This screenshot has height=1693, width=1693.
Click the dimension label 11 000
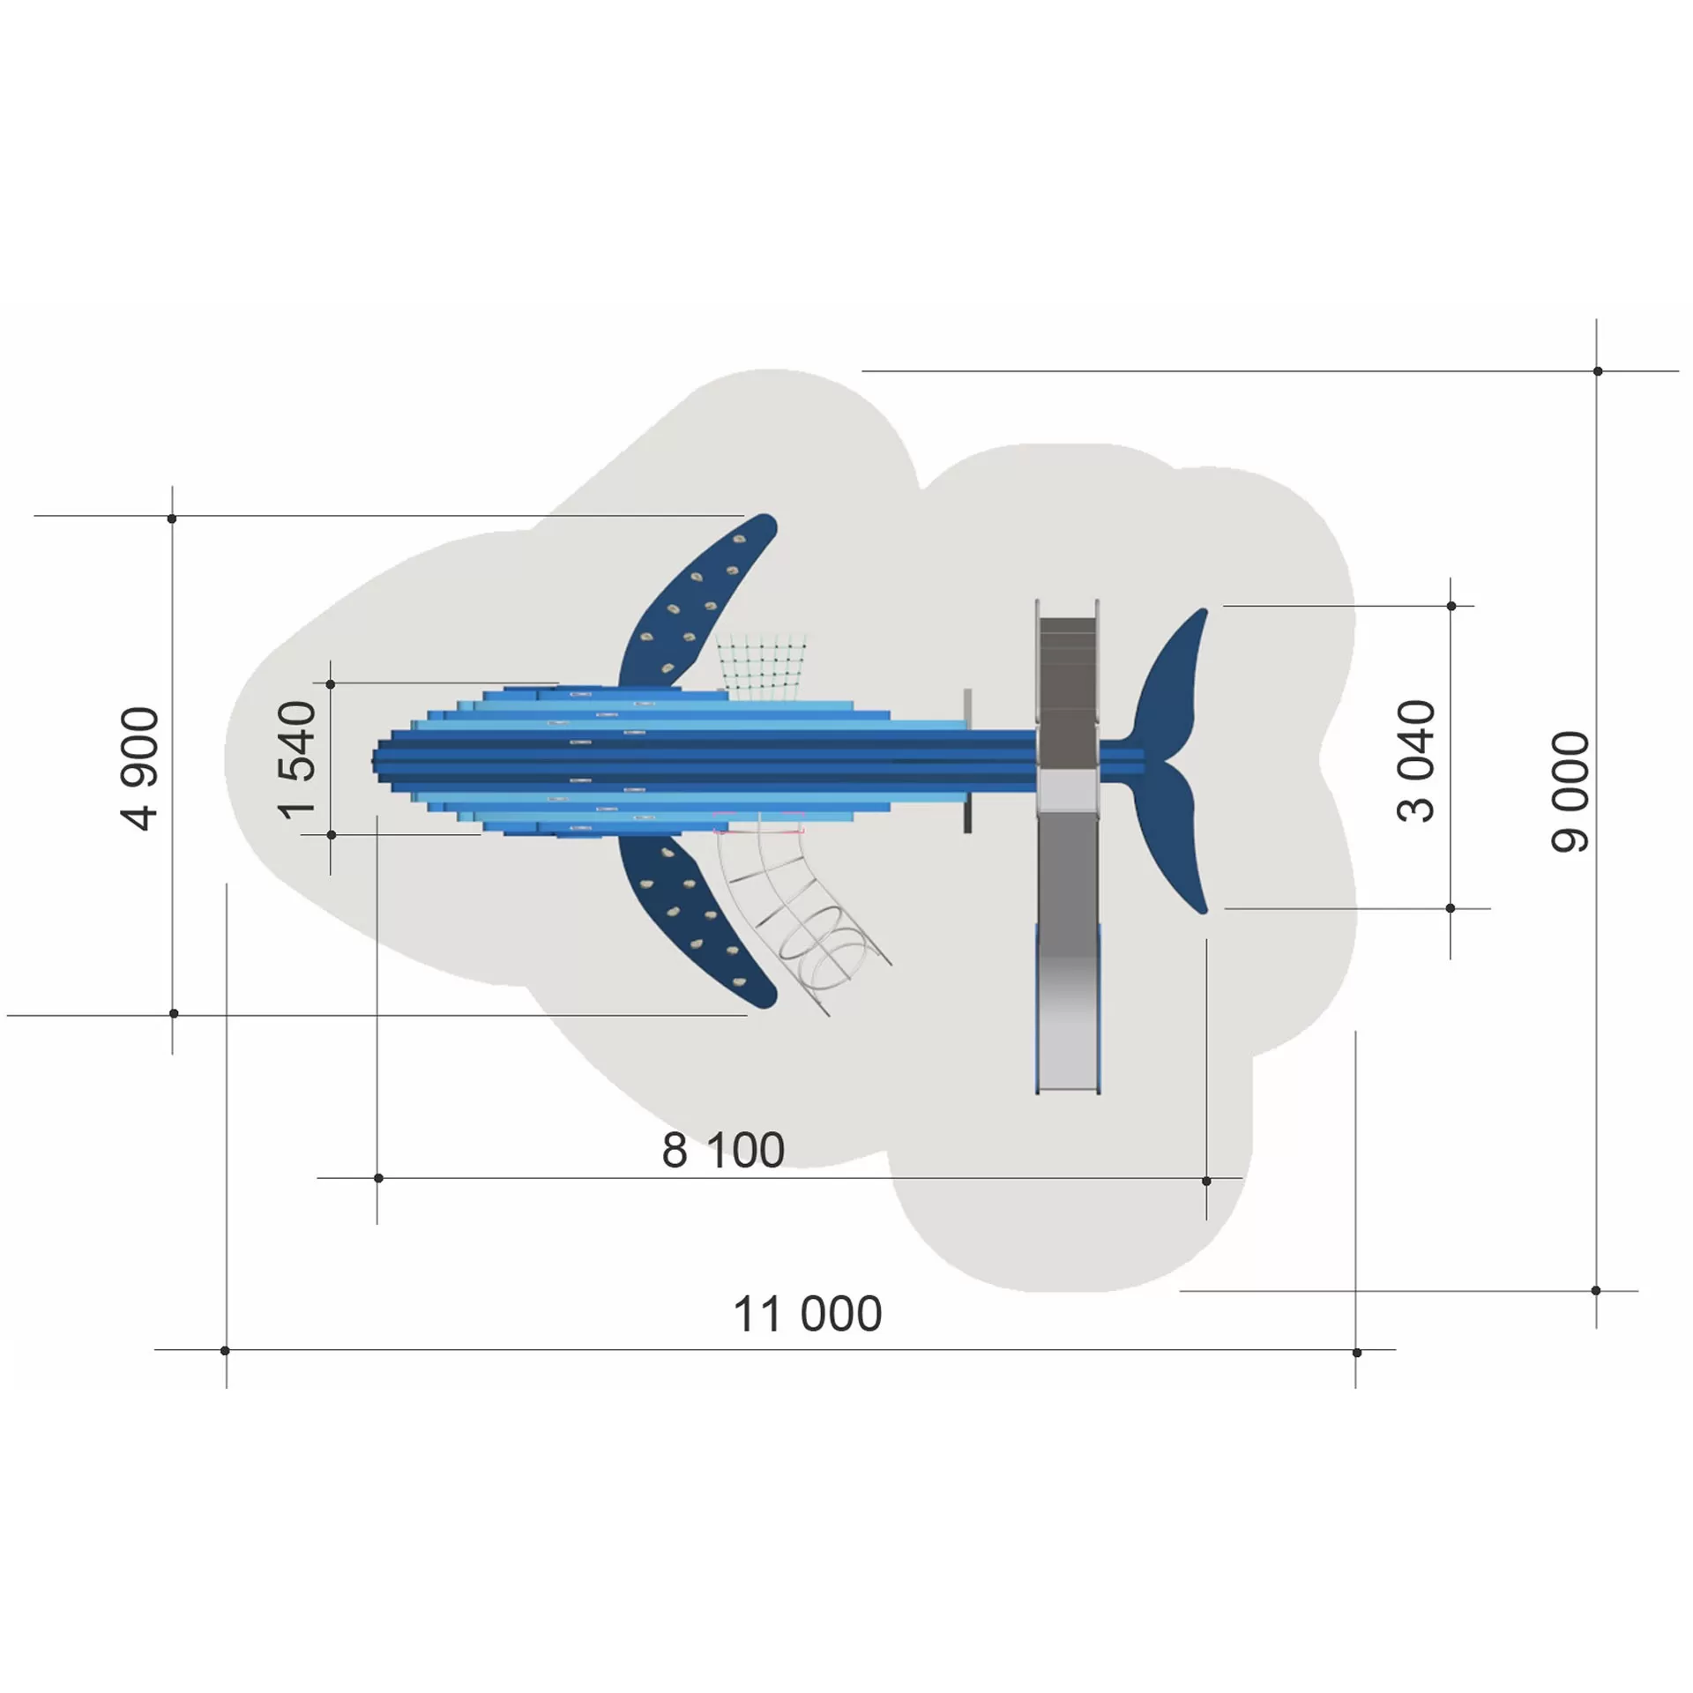click(807, 1314)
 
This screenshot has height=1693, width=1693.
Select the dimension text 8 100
click(723, 1150)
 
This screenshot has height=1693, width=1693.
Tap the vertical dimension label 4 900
click(139, 768)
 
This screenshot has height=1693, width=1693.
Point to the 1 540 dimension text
click(296, 760)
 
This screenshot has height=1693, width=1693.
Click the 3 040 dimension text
click(1416, 761)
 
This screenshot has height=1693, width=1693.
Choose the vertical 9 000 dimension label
click(1570, 792)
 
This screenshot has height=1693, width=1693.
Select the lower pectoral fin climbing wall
click(697, 921)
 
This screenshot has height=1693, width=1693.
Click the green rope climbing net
click(762, 668)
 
